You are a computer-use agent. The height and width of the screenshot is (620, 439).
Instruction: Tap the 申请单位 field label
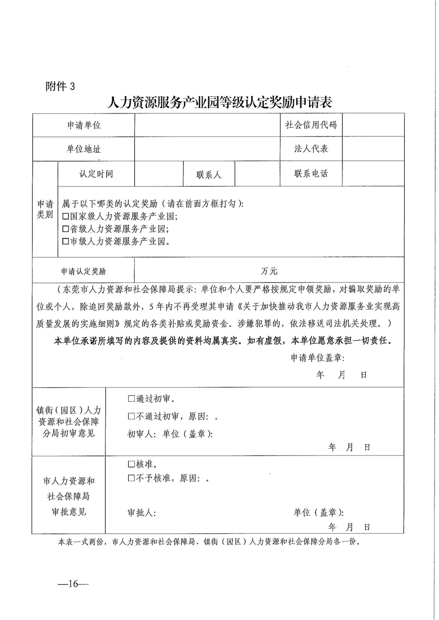tap(84, 125)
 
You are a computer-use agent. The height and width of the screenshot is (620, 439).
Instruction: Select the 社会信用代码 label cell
tap(311, 125)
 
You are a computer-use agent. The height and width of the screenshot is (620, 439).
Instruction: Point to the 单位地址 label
tap(84, 149)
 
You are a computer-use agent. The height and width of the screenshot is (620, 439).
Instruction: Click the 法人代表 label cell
tap(311, 149)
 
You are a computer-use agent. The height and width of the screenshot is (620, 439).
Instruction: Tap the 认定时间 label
tap(96, 174)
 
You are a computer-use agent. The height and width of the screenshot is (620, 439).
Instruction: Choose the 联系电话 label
tap(311, 174)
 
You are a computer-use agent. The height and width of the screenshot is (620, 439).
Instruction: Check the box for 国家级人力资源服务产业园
tap(66, 217)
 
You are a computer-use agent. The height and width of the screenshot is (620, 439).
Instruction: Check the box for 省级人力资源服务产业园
tap(66, 229)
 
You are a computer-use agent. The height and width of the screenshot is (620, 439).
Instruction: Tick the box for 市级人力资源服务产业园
tap(66, 241)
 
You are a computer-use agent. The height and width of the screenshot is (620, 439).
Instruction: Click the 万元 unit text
tap(269, 271)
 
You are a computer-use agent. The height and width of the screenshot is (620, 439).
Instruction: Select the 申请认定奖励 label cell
tap(83, 271)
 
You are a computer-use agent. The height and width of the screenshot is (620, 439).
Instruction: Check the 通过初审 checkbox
tap(131, 399)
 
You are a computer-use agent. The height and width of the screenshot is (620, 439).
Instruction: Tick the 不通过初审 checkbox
tap(131, 416)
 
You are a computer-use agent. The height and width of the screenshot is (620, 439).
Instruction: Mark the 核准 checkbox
tap(131, 464)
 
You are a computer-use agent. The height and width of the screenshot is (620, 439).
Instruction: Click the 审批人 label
tap(141, 513)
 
